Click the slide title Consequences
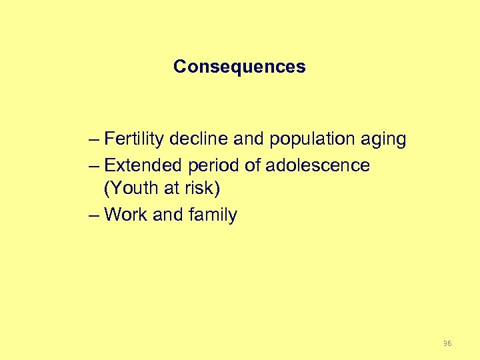tap(239, 67)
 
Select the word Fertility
tap(135, 139)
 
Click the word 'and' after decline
tap(249, 139)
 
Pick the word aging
tap(383, 140)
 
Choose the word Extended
tap(141, 165)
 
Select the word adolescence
tap(317, 165)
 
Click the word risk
tap(201, 189)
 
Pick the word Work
tap(127, 215)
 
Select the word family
tap(213, 215)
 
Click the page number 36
tap(447, 343)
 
